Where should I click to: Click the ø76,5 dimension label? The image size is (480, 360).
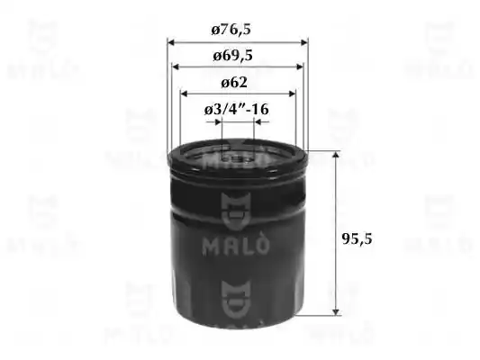(231, 30)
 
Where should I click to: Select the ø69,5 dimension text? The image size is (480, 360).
(232, 56)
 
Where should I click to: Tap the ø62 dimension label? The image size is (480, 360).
(234, 83)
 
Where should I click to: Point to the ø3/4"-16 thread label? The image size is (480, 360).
(236, 109)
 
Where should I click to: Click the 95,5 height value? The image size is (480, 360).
(357, 238)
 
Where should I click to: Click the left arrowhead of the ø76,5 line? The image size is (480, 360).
(171, 42)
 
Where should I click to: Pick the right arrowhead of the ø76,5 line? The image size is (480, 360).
(304, 42)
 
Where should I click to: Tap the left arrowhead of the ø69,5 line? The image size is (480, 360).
(176, 67)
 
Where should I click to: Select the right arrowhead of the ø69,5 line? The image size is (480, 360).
(299, 67)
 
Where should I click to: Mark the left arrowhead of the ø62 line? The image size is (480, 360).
(184, 94)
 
